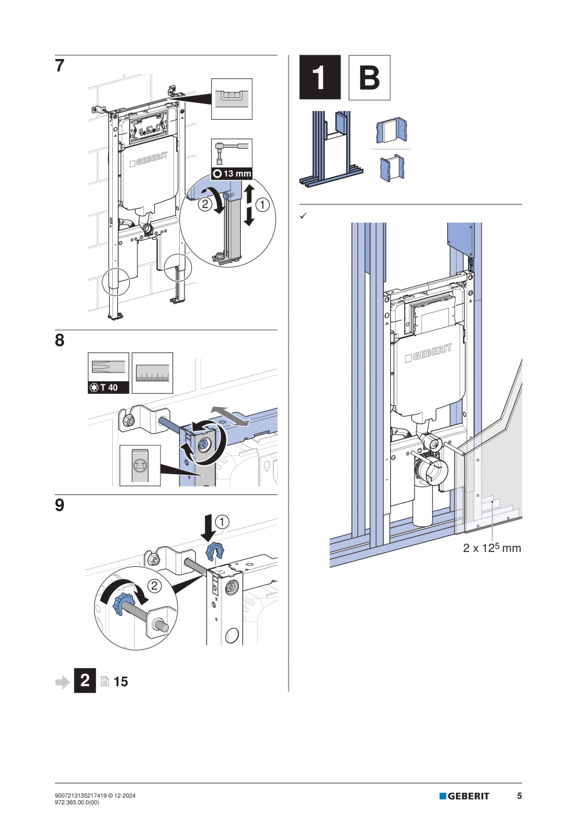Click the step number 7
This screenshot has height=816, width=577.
60,66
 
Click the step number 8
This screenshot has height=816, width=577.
60,341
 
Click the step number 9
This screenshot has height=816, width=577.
60,506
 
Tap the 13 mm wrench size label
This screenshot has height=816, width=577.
231,174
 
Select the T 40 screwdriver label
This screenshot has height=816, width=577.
109,388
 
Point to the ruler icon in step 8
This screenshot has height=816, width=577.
152,373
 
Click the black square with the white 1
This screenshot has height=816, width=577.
320,78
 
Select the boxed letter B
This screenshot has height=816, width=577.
369,78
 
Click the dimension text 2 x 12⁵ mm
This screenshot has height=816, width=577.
492,548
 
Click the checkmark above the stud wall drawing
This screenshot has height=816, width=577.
302,216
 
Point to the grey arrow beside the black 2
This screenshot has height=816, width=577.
63,681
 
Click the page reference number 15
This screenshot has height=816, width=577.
121,681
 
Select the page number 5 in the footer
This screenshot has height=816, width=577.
519,796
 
